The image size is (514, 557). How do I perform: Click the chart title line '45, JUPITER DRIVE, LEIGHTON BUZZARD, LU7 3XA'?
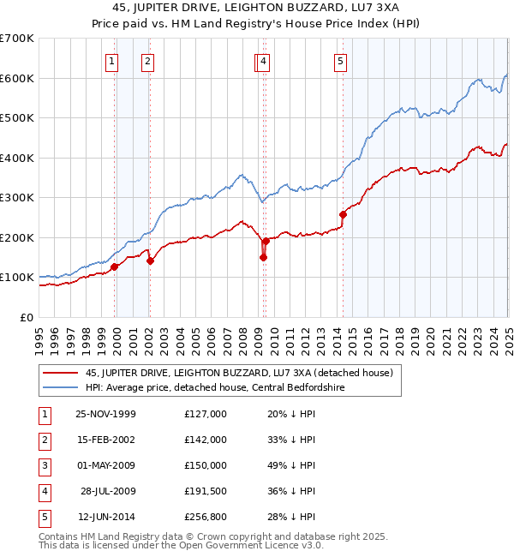(257, 7)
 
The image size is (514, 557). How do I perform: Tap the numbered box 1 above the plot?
(113, 61)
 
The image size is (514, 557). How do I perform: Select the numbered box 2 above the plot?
(148, 61)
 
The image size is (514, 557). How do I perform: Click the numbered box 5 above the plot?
(341, 61)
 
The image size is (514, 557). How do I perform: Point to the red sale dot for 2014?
(343, 214)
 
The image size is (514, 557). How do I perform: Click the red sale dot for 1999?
(115, 267)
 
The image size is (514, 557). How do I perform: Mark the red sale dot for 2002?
(150, 261)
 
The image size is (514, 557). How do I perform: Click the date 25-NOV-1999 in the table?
(106, 414)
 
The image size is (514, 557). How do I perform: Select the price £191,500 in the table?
(206, 491)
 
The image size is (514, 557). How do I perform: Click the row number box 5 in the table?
(44, 517)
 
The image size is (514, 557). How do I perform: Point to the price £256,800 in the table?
(206, 517)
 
